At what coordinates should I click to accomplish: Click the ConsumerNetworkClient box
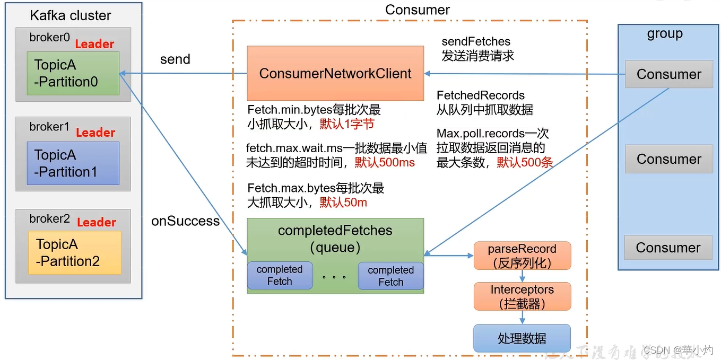335,73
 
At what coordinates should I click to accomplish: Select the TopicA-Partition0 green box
73,73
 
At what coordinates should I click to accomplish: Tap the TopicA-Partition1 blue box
73,163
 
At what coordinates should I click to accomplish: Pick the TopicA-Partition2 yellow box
75,252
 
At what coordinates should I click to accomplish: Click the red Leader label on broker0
94,44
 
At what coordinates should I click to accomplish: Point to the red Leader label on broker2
97,222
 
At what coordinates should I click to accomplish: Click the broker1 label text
49,127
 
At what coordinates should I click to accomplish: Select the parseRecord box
522,256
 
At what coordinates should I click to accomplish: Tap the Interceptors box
522,296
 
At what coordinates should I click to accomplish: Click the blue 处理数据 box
522,338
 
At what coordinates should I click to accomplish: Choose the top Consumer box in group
668,74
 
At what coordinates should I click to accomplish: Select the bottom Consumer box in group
668,248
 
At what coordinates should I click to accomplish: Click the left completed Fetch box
280,276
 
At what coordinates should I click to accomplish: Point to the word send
175,59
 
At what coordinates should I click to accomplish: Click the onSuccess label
185,221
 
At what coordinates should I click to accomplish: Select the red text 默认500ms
385,163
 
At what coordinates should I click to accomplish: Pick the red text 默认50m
343,203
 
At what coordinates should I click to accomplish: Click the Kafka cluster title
71,15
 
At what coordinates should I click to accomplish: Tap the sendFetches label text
476,41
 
